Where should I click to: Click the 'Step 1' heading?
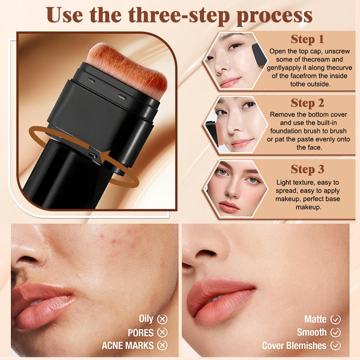point(307,39)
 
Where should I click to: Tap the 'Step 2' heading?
point(307,103)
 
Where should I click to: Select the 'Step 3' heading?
point(307,170)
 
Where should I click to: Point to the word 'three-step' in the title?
point(179,15)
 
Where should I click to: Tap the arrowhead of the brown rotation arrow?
point(104,158)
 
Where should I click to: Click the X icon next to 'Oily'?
point(162,319)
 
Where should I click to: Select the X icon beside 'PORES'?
point(162,332)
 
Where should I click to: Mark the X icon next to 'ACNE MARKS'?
point(162,345)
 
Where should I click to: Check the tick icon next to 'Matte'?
point(335,319)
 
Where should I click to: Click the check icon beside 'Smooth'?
point(335,332)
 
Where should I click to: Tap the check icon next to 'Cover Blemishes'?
point(335,345)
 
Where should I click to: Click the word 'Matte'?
point(315,319)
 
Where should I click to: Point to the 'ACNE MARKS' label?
point(128,346)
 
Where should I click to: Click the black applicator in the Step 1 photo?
point(259,55)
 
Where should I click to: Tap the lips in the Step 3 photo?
point(229,207)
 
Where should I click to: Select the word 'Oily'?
point(146,319)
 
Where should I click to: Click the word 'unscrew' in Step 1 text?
point(337,51)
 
